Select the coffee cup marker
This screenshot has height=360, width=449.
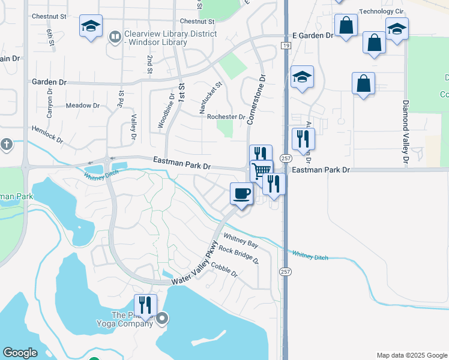point(241,194)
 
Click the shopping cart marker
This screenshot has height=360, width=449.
point(261,170)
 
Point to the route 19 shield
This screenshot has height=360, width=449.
point(286,46)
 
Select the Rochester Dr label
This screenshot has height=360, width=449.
point(226,117)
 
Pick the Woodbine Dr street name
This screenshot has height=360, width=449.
point(166,111)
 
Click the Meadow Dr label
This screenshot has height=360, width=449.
point(82,106)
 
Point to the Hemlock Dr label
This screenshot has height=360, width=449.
point(47,135)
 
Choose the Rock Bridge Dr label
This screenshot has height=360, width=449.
point(238,255)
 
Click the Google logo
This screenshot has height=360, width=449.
point(20,353)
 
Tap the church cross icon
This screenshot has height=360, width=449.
point(6,145)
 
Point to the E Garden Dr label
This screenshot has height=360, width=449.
point(312,35)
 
